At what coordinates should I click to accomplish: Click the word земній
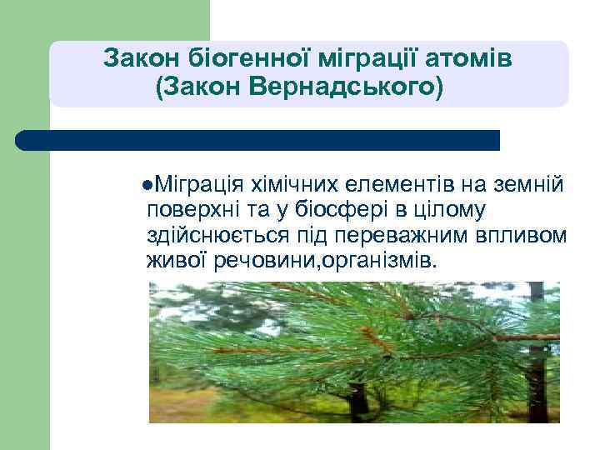pos(533,183)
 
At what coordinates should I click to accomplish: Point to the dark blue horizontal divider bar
pos(258,140)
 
